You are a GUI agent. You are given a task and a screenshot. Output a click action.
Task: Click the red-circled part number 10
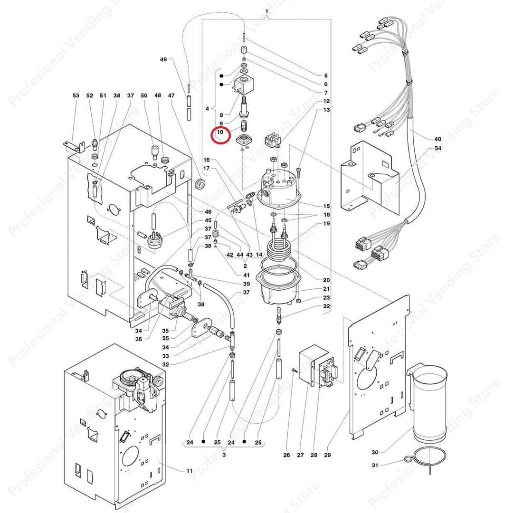coord(220,133)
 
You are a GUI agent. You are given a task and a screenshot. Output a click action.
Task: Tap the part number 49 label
coord(163,59)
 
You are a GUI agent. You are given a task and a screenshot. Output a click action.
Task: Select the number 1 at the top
coord(266,11)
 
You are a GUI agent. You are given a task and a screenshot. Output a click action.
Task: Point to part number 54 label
coord(437,149)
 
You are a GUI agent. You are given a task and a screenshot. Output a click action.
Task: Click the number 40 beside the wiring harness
coord(437,139)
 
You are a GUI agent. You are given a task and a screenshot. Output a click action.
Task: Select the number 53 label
coord(76,95)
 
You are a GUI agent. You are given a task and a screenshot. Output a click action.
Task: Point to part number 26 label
coord(286,456)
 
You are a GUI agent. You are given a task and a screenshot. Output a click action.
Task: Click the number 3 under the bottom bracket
coord(224,455)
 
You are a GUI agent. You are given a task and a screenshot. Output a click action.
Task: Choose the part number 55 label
coord(166,339)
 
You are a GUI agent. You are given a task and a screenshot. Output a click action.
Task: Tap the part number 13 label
coord(326,110)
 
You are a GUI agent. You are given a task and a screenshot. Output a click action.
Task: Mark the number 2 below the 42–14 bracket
coord(245,266)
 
